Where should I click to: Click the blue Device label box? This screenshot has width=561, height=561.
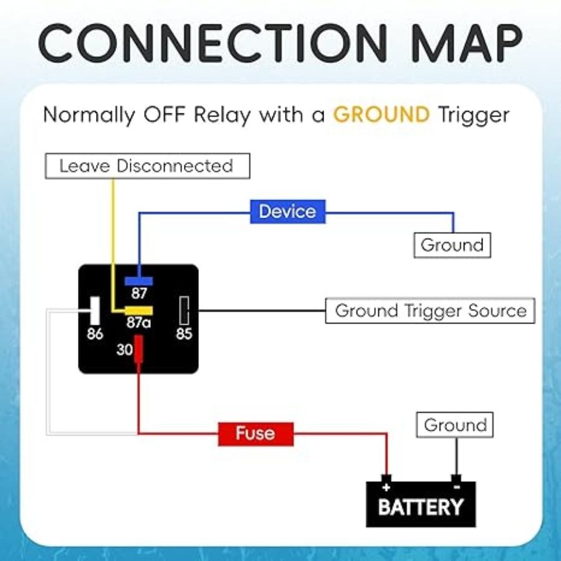[287, 211]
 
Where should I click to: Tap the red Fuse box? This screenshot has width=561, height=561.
[256, 433]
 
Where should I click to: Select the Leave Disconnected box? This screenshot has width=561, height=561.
[147, 166]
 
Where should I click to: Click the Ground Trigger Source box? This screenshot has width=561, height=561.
[430, 310]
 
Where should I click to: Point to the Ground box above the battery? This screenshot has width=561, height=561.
[455, 426]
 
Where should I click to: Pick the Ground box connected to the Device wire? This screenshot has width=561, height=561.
[453, 245]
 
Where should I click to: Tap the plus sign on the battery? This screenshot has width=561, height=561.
[386, 487]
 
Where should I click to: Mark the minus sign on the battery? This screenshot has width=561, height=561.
[456, 487]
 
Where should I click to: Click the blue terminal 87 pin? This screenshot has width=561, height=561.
[138, 281]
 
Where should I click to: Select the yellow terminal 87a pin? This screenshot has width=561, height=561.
[139, 310]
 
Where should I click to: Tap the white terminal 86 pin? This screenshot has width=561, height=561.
[95, 309]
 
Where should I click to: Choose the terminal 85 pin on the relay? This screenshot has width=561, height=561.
[184, 310]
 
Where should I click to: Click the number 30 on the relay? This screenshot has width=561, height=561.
[125, 350]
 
